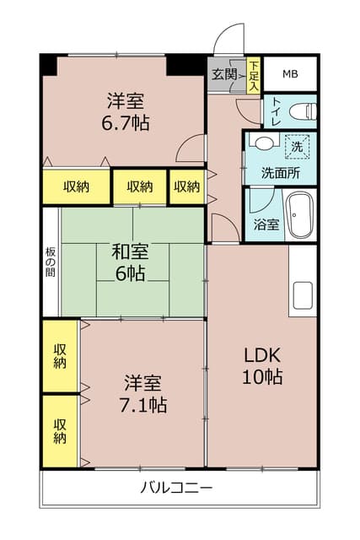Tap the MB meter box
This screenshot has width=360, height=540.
click(290, 74)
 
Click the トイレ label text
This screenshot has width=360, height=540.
click(275, 111)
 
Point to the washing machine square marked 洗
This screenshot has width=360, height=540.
click(296, 146)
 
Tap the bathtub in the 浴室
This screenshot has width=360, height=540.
click(299, 216)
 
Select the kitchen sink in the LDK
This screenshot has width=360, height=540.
click(303, 297)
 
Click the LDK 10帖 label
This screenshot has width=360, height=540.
click(263, 364)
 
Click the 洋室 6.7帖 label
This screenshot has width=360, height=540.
click(125, 111)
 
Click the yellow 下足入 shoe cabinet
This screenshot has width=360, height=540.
click(254, 74)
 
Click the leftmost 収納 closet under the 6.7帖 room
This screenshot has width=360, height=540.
click(77, 186)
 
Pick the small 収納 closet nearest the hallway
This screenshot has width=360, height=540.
click(185, 186)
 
